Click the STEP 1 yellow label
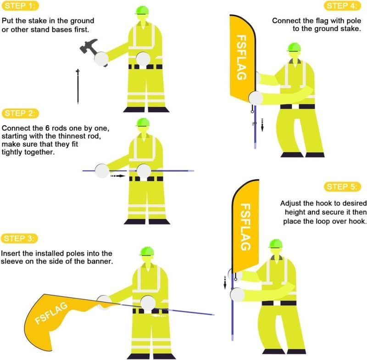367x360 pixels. click(20, 6)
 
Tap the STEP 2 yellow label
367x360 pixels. click(20, 113)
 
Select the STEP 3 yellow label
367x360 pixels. click(19, 238)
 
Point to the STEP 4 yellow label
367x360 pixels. click(342, 6)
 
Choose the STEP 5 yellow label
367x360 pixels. click(342, 187)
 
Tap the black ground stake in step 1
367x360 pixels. click(78, 86)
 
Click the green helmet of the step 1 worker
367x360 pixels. click(142, 10)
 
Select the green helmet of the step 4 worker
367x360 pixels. click(294, 47)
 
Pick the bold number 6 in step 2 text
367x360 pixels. click(47, 129)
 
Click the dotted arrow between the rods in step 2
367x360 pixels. click(118, 176)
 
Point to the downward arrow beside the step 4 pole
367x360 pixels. click(262, 125)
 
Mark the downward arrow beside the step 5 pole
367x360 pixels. click(225, 282)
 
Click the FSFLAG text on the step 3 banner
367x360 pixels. click(51, 313)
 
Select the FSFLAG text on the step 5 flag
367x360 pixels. click(246, 227)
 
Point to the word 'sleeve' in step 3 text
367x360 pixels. click(12, 261)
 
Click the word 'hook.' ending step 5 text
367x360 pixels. click(357, 221)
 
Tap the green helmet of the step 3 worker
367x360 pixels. click(147, 251)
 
